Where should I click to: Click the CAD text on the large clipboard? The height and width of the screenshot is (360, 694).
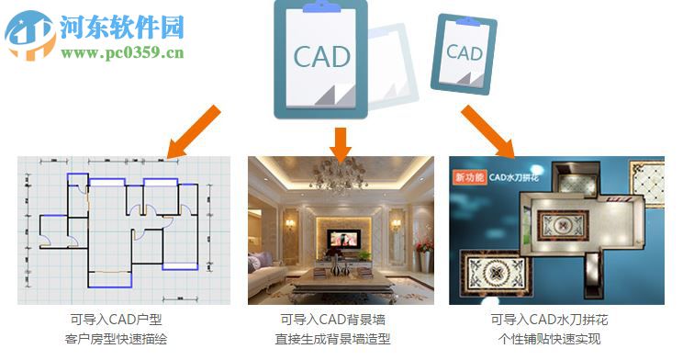pos(321,57)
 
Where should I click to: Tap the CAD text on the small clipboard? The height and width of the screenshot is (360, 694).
pos(465,53)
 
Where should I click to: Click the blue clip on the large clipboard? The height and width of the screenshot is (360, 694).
pos(321,6)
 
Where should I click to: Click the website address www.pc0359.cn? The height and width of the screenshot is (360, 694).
pos(123,51)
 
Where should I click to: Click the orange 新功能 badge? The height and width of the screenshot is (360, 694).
pos(468,175)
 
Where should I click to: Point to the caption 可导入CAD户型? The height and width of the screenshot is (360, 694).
pos(122,321)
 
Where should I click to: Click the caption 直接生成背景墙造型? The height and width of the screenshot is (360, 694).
pos(341,339)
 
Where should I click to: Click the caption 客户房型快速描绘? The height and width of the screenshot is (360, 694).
pos(122,339)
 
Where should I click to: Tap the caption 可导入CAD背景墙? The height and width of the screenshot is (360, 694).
pos(341,321)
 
